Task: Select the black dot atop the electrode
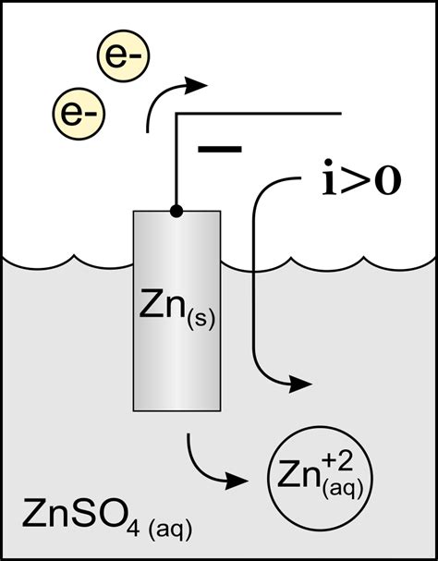click(176, 212)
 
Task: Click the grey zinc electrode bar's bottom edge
click(176, 409)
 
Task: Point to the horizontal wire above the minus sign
click(259, 115)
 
